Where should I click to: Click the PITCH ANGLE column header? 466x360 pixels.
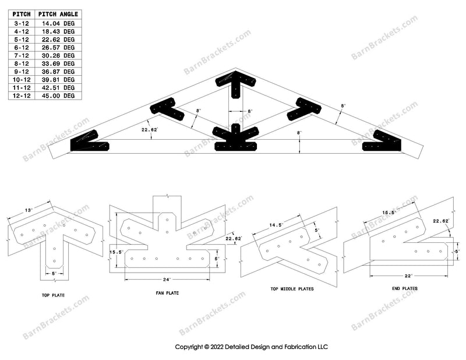(x=58, y=14)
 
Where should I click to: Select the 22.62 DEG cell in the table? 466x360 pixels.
(x=58, y=40)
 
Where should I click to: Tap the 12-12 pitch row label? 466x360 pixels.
(x=22, y=96)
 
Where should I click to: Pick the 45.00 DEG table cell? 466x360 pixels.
(x=58, y=96)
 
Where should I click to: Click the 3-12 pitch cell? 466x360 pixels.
(x=22, y=23)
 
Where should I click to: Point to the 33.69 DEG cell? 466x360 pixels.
(x=58, y=63)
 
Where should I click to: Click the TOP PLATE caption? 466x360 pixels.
(x=53, y=295)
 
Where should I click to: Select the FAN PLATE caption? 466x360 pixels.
(x=167, y=293)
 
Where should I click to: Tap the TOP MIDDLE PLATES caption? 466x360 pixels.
(x=292, y=289)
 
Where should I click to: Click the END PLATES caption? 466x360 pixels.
(x=405, y=288)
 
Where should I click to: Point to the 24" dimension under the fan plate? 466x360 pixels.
(x=167, y=280)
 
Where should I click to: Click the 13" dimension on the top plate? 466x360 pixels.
(x=29, y=210)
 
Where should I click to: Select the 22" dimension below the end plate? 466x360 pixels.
(x=409, y=276)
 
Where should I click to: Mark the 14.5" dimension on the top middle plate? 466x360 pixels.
(x=275, y=225)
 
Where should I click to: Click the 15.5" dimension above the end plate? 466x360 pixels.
(x=389, y=213)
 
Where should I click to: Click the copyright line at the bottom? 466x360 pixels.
(x=251, y=347)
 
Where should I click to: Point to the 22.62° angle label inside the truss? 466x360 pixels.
(x=150, y=130)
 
